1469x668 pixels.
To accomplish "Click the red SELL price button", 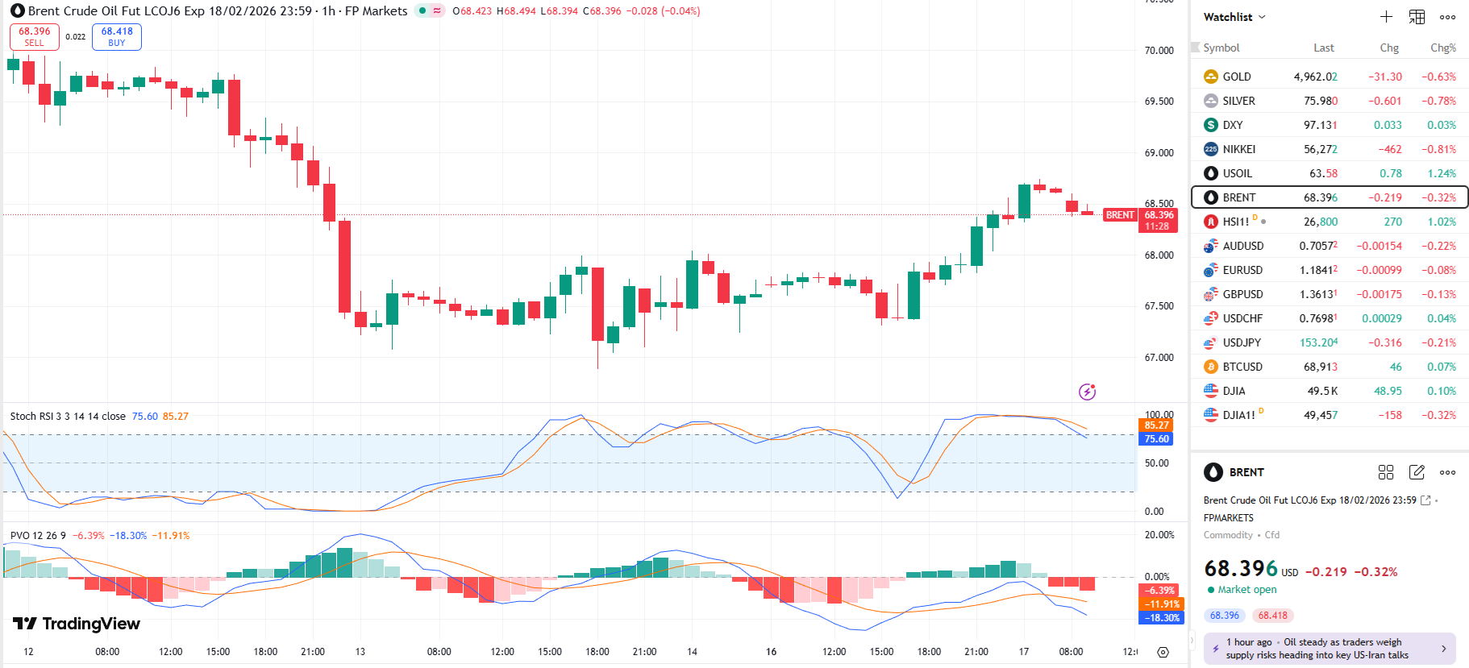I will coord(35,36).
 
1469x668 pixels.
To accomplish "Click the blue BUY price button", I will coord(117,36).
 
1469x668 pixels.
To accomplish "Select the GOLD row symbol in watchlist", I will coord(1236,77).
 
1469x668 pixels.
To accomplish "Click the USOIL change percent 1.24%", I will coord(1441,173).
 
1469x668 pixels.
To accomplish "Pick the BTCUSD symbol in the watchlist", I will coord(1242,367).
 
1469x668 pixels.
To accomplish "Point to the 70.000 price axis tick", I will coord(1159,50).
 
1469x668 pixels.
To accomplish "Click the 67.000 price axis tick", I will coord(1159,357).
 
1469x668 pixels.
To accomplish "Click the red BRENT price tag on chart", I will coord(1120,215).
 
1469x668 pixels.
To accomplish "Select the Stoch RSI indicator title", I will coord(68,417).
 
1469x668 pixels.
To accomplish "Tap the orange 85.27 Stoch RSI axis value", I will coord(1156,425).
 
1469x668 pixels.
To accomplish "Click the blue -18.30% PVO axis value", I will coord(1160,618).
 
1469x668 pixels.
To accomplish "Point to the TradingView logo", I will coord(77,624).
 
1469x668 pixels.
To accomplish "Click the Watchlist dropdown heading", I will coord(1234,17).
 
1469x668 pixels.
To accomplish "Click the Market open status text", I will coord(1246,590).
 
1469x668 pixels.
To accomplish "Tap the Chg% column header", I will coord(1442,48).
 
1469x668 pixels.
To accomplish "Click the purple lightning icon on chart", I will coord(1087,392).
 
